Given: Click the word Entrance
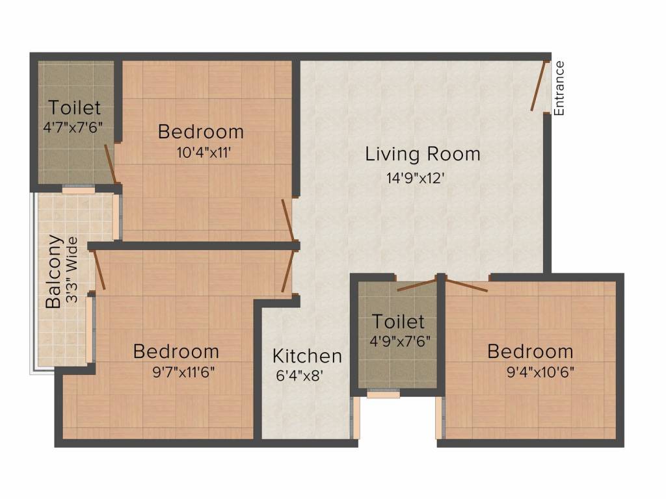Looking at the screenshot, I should coord(559,88).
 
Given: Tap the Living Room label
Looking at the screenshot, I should coord(423,155).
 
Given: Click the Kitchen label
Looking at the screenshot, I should coord(307,356).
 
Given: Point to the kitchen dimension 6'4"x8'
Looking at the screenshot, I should coord(299,376).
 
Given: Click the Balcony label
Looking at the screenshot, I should coord(54,272).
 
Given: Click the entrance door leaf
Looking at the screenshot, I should coord(538,86).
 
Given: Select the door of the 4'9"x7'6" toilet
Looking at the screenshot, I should coord(416,284).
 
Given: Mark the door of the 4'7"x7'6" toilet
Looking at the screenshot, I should coord(111,162).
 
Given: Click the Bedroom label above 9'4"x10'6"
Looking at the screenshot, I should coord(530,352).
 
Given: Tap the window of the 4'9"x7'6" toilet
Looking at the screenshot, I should coord(383,393).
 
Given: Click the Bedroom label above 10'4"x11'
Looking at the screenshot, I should coord(201,132).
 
